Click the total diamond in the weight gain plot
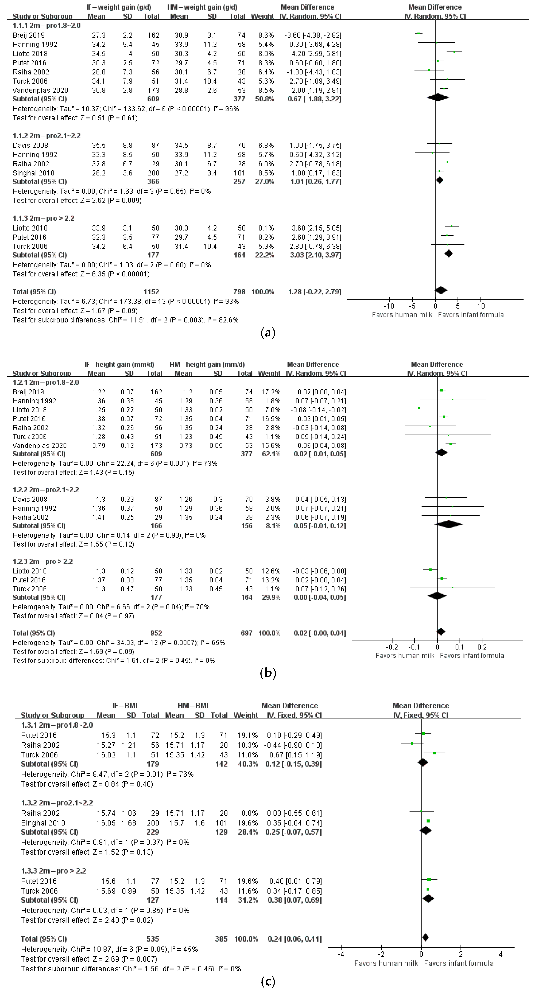click(441, 290)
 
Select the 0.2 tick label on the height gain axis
click(482, 647)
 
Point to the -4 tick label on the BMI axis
click(341, 955)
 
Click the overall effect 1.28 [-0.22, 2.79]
click(315, 292)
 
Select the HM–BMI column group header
click(193, 705)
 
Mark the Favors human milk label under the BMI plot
click(386, 963)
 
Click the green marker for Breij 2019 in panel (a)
click(418, 34)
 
